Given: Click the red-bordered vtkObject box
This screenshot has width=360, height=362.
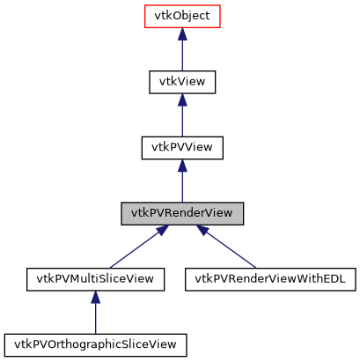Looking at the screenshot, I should click(x=182, y=16).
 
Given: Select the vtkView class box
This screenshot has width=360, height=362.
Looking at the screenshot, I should click(x=182, y=82).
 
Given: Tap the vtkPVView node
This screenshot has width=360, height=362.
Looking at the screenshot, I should click(x=182, y=147).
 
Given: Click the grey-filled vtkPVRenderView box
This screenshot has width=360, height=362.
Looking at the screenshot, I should click(x=182, y=213).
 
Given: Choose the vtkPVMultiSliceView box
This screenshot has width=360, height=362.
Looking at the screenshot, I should click(x=95, y=279).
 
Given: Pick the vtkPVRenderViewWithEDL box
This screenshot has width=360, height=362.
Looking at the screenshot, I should click(x=269, y=279).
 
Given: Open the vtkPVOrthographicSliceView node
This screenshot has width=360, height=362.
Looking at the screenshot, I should click(x=95, y=344).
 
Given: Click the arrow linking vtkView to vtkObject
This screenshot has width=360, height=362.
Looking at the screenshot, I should click(x=182, y=53).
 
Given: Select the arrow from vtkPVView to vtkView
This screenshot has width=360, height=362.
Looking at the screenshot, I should click(x=182, y=118).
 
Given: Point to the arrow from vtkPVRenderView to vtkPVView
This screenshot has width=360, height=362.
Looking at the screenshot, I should click(x=182, y=184).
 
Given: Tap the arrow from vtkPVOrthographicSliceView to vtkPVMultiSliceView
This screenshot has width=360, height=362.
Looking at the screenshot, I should click(x=95, y=315).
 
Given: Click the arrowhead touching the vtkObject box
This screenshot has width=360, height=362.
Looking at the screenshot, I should click(x=182, y=33).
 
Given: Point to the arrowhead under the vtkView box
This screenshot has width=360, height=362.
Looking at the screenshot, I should click(x=182, y=100).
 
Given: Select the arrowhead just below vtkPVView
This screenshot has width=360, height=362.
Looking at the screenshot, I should click(x=182, y=166).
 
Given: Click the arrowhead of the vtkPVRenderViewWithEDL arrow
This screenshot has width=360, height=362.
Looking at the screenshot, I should click(x=204, y=231).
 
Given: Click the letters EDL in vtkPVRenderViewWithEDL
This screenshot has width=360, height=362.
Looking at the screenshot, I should click(x=336, y=279).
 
